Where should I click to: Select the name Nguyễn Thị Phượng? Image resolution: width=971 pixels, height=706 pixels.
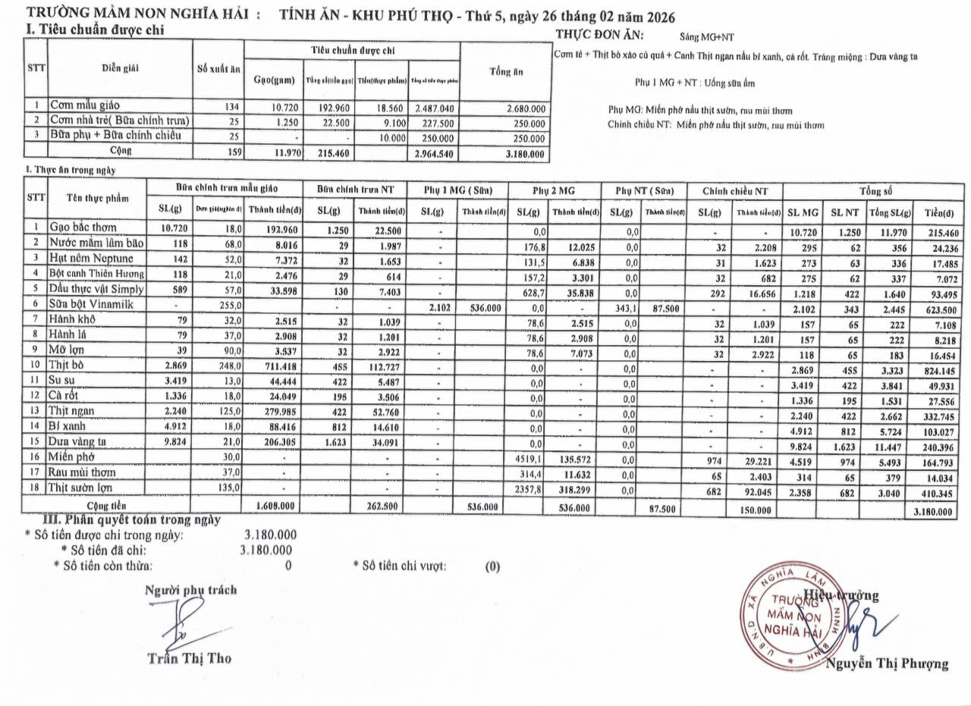888,664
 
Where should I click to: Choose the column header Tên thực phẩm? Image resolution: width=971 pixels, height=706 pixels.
96,198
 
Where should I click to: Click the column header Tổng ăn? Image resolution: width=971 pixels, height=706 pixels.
504,71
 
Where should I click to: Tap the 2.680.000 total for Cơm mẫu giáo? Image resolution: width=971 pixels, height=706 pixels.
520,108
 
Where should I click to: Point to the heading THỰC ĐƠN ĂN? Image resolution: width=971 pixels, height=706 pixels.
600,34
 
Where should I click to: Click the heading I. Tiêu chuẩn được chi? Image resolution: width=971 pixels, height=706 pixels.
93,30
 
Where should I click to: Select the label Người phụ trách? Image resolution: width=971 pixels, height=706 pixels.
190,589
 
